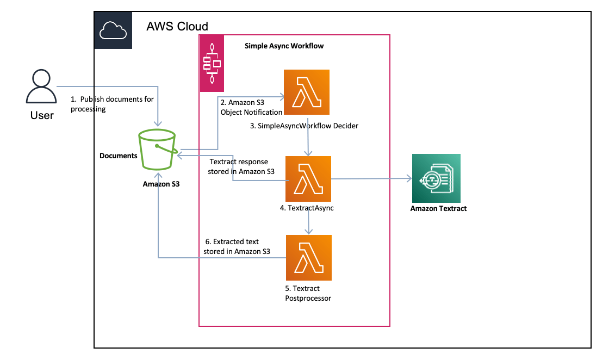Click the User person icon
[x=41, y=88]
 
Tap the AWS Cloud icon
[x=113, y=30]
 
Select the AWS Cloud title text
[x=177, y=26]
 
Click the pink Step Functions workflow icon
[x=211, y=63]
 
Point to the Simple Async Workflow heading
[x=284, y=46]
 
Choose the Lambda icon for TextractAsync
[x=308, y=179]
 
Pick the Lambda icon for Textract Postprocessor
[x=308, y=257]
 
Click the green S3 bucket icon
[x=158, y=150]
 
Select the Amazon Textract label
[x=438, y=208]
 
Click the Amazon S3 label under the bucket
[x=161, y=184]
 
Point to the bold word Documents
[x=119, y=156]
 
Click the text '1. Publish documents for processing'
[x=112, y=104]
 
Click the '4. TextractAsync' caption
[x=307, y=207]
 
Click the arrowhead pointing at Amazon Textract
[x=408, y=178]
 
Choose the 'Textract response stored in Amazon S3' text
[x=241, y=166]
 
